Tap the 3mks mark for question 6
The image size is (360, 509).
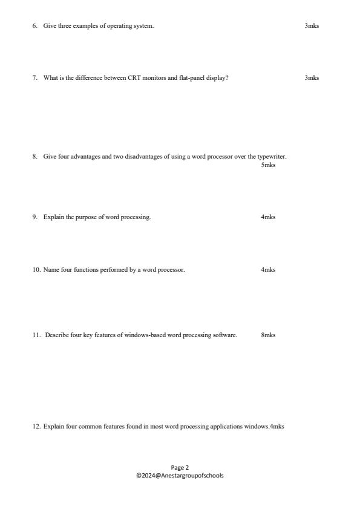pyautogui.click(x=312, y=25)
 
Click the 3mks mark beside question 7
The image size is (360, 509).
pyautogui.click(x=312, y=77)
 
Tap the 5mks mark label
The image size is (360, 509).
pyautogui.click(x=268, y=165)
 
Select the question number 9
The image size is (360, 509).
pyautogui.click(x=35, y=217)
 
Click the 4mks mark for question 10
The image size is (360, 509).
pyautogui.click(x=268, y=270)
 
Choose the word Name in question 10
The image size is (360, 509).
pyautogui.click(x=50, y=270)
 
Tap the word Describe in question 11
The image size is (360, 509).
pyautogui.click(x=56, y=335)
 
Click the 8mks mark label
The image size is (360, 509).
pyautogui.click(x=268, y=335)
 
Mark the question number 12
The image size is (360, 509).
pyautogui.click(x=36, y=427)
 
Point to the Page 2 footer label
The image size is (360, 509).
pyautogui.click(x=180, y=467)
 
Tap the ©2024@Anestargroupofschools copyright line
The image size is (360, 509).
pyautogui.click(x=180, y=475)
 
